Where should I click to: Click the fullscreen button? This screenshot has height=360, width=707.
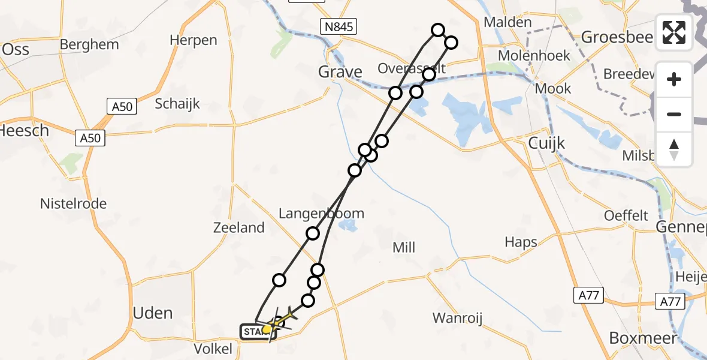coord(674,32)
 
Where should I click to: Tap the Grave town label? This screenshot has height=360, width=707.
coord(340,73)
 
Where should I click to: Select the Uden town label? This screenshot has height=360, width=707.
coord(152,313)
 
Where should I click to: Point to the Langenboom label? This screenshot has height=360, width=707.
coord(321,214)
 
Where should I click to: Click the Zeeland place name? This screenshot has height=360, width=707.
coord(239,227)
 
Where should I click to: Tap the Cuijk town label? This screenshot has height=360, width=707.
coord(547,143)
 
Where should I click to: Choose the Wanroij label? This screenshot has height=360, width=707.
coord(460,317)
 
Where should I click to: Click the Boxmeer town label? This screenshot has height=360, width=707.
coord(643,338)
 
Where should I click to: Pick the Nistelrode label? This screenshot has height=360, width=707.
coord(73,203)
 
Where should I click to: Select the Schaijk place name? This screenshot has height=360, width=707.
coord(177,103)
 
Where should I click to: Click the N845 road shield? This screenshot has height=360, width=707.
coord(338,26)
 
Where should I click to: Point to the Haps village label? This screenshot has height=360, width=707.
coord(521,242)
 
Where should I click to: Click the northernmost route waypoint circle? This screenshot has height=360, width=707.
coord(438,30)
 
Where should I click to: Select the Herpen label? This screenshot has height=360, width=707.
coord(193,40)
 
